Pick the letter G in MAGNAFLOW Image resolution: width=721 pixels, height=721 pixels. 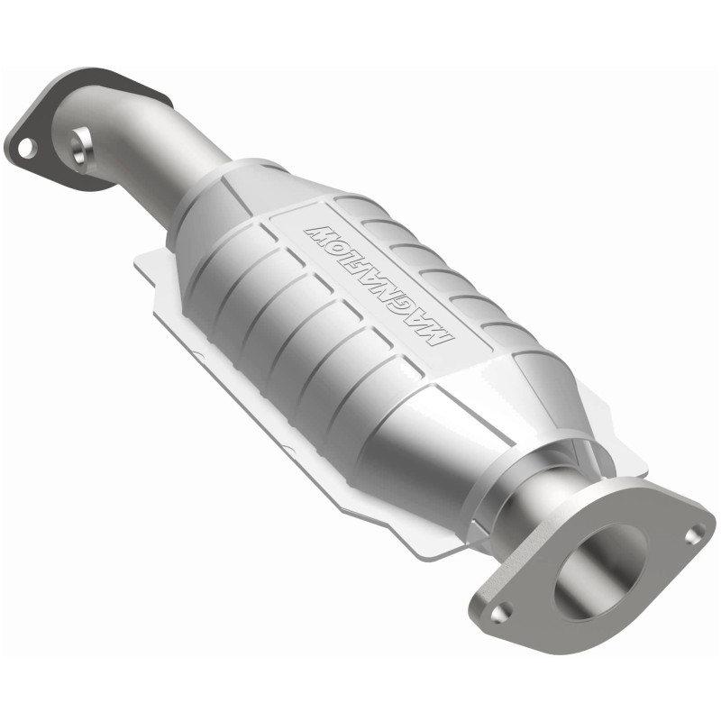(420, 316)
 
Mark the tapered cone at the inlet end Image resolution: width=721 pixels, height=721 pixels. (221, 194)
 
